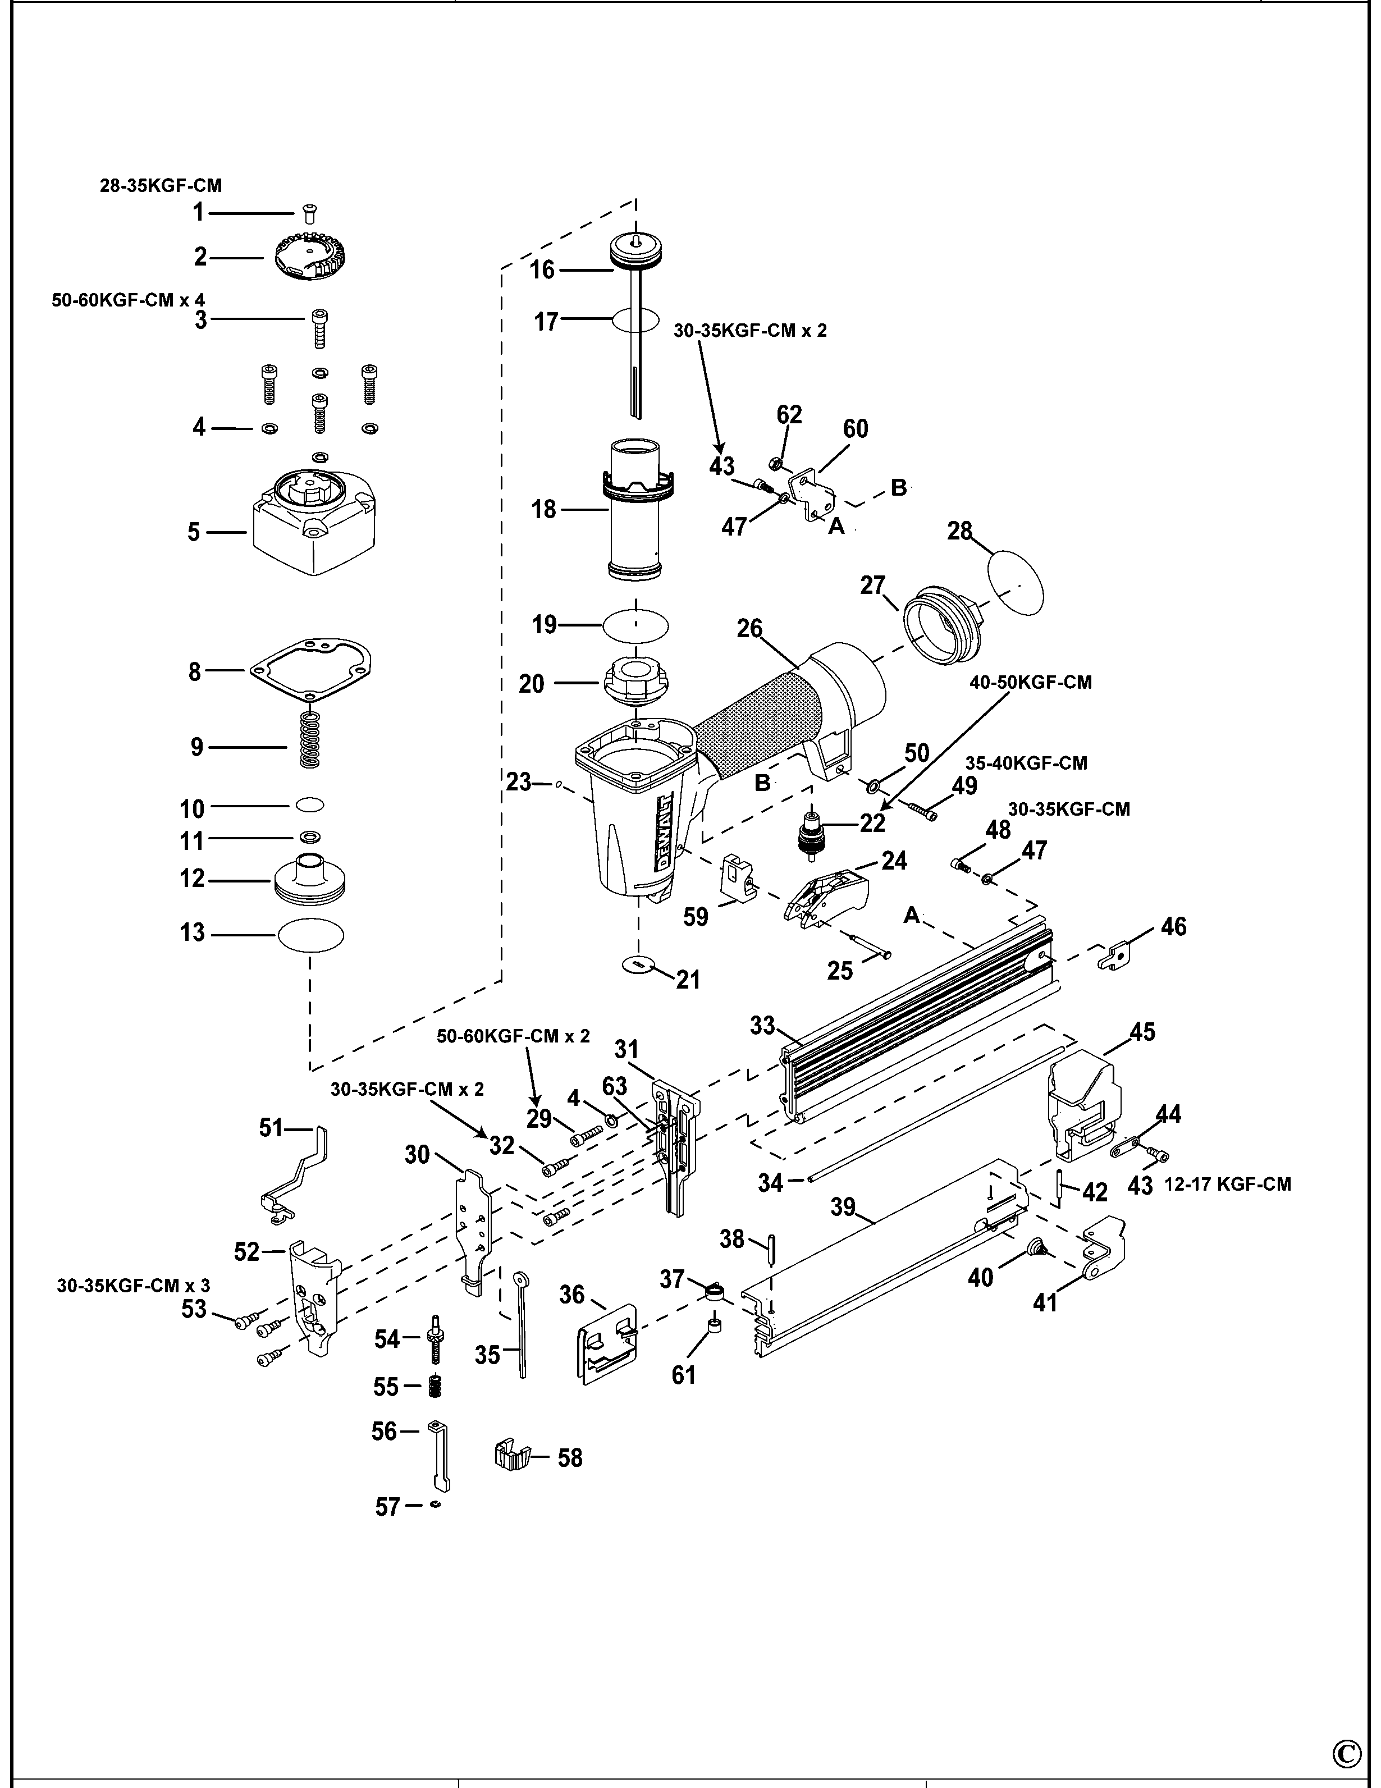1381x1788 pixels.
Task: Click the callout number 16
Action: [542, 270]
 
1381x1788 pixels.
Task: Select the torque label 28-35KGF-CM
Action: [161, 186]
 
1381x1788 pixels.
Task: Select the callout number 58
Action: [570, 1458]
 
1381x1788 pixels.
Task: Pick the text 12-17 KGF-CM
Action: [1227, 1184]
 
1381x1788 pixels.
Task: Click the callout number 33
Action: [762, 1026]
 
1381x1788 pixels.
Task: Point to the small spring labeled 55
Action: [436, 1386]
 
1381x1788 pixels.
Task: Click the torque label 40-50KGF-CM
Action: [1031, 682]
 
